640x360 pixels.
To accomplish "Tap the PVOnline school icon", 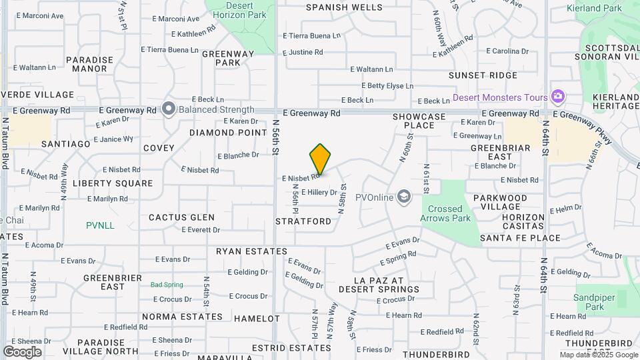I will (x=403, y=197).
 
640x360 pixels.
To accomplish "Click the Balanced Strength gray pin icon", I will (x=168, y=109).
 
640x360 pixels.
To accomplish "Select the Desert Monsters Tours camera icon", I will (x=557, y=97).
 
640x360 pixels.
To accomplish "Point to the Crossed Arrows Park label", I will (x=449, y=213).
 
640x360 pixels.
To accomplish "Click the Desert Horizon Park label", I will (x=234, y=9).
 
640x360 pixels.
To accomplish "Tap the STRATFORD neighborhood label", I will (x=303, y=221).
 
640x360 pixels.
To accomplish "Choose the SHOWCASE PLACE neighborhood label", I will (x=419, y=121).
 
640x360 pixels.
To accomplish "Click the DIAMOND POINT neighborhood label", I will (x=228, y=133).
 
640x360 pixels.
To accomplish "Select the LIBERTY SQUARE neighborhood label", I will (x=113, y=183).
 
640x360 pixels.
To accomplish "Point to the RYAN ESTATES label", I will (x=251, y=251).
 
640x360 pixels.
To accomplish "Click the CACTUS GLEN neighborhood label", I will (x=181, y=217).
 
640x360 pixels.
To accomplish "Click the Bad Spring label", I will (x=167, y=285).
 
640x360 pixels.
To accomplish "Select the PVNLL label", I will (x=100, y=225).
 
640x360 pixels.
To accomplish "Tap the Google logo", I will (x=22, y=352).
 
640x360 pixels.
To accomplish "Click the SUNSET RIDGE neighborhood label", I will (x=483, y=75).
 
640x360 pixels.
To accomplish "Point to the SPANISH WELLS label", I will (x=344, y=7).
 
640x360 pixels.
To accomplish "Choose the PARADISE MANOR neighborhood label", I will (x=90, y=64).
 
